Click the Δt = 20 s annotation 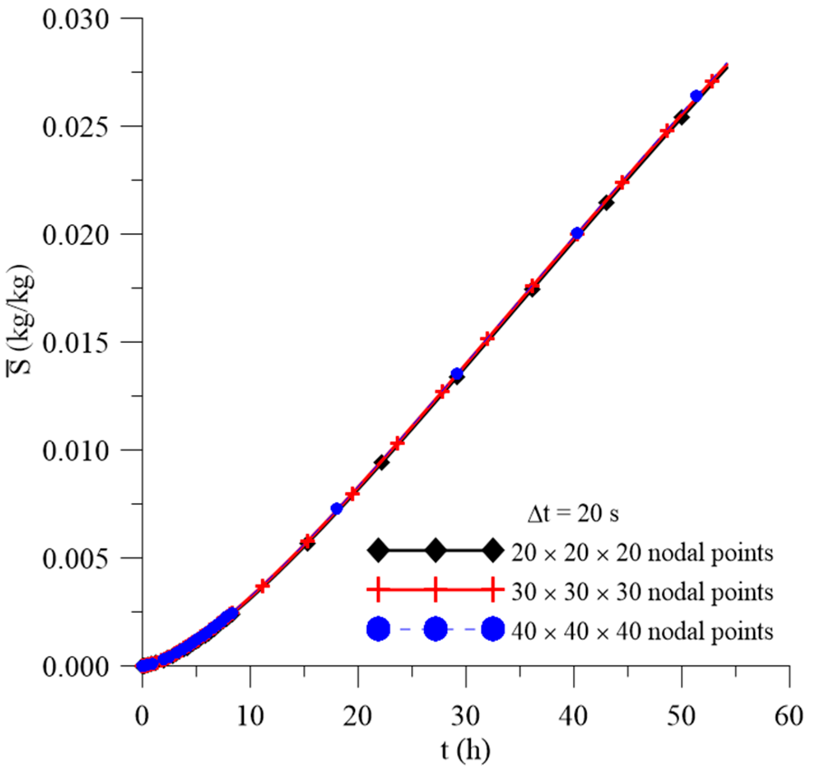573,514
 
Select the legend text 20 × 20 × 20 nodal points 642,553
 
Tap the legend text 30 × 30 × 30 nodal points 642,592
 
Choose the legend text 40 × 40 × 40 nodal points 642,631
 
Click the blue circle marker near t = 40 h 577,234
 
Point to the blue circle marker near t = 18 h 337,508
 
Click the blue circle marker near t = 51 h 696,96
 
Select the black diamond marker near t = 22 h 381,462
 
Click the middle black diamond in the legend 435,550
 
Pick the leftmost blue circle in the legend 378,629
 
